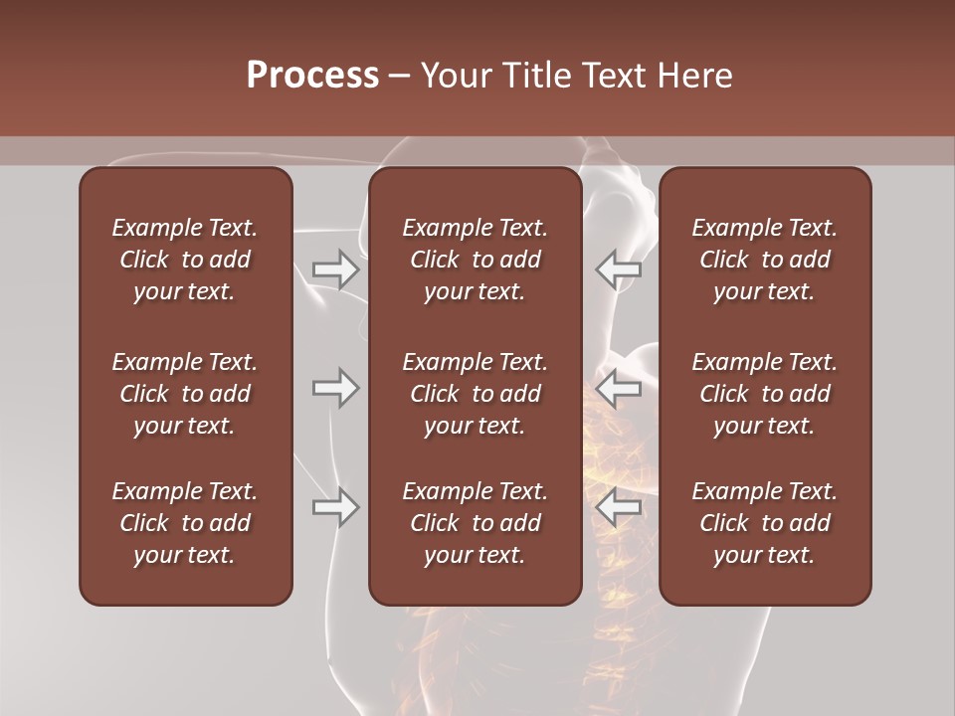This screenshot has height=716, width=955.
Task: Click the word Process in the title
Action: (x=312, y=76)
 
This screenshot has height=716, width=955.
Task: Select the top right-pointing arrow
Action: (x=335, y=269)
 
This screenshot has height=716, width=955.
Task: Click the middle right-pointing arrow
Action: (x=335, y=388)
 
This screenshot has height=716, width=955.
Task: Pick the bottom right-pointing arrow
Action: (x=335, y=507)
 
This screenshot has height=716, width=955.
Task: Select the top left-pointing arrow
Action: (x=618, y=269)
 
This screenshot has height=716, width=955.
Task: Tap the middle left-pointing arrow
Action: (x=618, y=388)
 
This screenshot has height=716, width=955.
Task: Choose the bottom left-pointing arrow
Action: (x=618, y=507)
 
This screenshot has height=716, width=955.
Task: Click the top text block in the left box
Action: (x=185, y=260)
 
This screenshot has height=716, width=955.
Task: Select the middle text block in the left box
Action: (x=185, y=394)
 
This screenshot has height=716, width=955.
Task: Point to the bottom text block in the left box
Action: (x=185, y=523)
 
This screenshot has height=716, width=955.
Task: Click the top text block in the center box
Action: (x=475, y=260)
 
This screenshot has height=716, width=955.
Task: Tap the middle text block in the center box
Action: (x=475, y=394)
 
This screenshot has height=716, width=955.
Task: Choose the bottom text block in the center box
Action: (x=475, y=523)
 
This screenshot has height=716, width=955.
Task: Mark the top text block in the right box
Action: (x=764, y=260)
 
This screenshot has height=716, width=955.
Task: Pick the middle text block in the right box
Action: (x=764, y=394)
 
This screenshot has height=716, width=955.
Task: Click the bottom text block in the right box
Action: (x=764, y=523)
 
